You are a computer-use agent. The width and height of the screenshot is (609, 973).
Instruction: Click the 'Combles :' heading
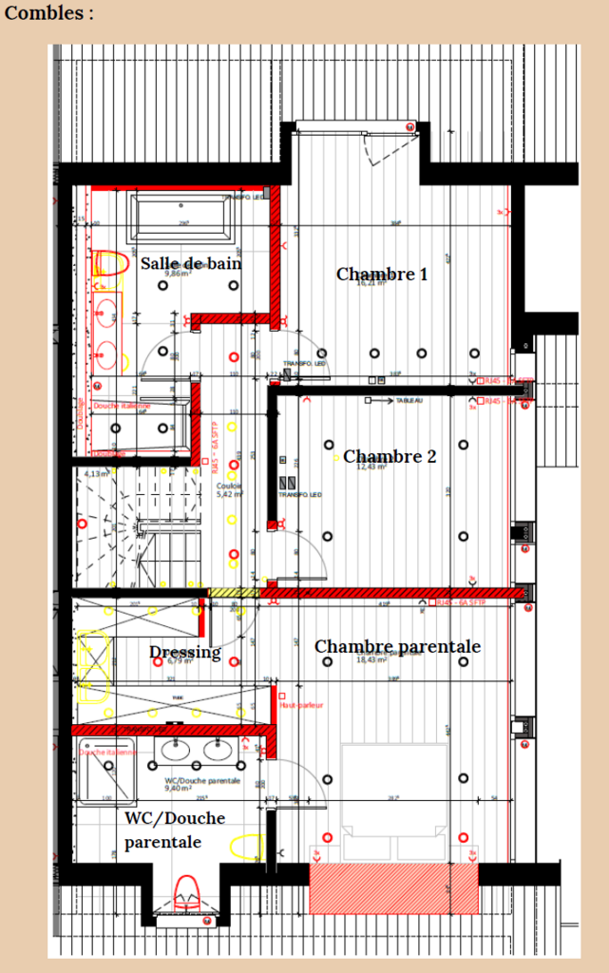pyautogui.click(x=49, y=13)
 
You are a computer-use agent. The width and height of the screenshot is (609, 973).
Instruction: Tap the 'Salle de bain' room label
pyautogui.click(x=190, y=263)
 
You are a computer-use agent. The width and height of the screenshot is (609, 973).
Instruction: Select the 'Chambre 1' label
pyautogui.click(x=381, y=275)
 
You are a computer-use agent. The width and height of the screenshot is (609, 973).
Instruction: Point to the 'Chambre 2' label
pyautogui.click(x=390, y=457)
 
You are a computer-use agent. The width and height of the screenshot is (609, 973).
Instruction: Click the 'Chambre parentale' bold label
pyautogui.click(x=397, y=647)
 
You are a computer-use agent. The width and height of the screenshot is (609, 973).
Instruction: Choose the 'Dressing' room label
pyautogui.click(x=184, y=653)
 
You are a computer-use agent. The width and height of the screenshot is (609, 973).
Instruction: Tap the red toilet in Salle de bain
pyautogui.click(x=109, y=264)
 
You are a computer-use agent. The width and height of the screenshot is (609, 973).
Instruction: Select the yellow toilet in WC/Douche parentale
pyautogui.click(x=248, y=846)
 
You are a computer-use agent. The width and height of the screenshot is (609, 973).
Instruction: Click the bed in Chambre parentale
pyautogui.click(x=394, y=798)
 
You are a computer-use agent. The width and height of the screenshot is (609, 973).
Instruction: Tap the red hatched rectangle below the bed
pyautogui.click(x=393, y=888)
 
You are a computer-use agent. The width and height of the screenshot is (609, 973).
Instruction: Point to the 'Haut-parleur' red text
pyautogui.click(x=301, y=705)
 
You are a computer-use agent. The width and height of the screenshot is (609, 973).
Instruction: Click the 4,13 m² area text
pyautogui.click(x=96, y=473)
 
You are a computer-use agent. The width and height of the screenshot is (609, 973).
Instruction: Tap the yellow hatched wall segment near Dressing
pyautogui.click(x=233, y=593)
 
